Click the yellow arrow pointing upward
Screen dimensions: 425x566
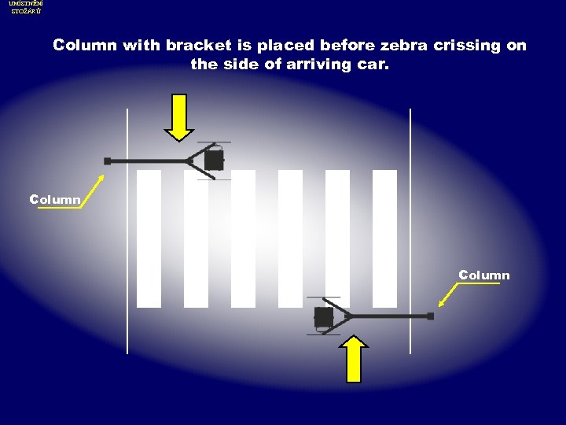pos(355,360)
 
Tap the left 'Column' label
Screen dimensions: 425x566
pos(55,199)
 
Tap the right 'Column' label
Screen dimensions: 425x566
pos(484,275)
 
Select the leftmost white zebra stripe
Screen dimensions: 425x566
pos(149,238)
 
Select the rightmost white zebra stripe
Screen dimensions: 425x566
pos(384,238)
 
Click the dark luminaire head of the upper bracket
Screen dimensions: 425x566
pos(213,161)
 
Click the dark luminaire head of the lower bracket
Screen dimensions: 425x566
pos(323,316)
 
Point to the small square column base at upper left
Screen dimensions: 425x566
pos(108,161)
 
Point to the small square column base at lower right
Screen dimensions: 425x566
pos(430,316)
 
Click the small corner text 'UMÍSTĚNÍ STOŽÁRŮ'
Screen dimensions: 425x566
pos(26,8)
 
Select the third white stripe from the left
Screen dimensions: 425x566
pos(243,238)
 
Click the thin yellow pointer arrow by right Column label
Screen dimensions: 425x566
pos(448,294)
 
